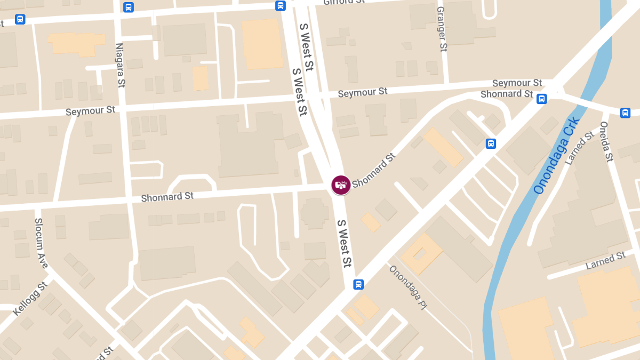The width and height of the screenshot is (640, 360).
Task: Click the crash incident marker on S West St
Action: pos(341,185)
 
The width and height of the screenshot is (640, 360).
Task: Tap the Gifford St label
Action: pos(344,2)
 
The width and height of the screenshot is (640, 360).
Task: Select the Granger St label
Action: pos(442,29)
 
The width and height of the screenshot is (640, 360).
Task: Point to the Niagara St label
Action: pos(120,65)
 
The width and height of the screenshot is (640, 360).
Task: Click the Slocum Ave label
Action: pos(41,243)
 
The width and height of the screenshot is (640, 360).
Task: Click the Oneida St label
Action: pos(607,141)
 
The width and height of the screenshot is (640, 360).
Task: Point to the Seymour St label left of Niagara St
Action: pos(90,111)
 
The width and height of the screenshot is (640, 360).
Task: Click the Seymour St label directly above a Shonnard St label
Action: pos(517,83)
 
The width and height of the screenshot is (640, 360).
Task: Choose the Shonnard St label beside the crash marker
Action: pos(373,170)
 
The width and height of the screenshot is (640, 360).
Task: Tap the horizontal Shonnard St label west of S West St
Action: pos(167,197)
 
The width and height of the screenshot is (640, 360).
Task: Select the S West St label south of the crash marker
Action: pos(345,243)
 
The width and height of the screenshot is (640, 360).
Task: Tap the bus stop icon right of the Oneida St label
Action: pos(625,113)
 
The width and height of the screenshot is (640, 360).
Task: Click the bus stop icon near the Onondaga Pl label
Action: pos(358,285)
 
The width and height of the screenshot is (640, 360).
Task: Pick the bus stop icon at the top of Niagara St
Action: pos(129,7)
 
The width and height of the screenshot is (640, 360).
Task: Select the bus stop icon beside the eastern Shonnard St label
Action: pos(541,99)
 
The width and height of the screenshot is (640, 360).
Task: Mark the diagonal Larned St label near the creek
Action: pos(579,148)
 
